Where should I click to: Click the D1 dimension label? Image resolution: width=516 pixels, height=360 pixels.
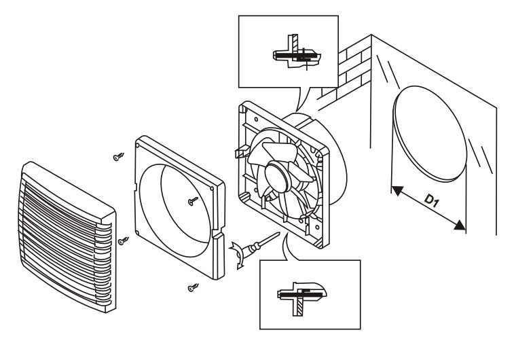pos(431,200)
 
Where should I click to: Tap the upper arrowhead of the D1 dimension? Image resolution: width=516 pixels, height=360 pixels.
pos(398,191)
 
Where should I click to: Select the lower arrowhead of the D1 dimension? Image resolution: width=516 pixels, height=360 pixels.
pos(460,226)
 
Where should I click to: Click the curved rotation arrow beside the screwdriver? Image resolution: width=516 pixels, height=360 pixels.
pos(238,255)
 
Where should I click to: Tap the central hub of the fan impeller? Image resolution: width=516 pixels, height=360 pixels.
pos(277,176)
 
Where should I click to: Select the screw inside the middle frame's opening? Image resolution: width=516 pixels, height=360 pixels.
pos(193,201)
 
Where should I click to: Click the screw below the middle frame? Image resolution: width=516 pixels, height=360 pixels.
pos(193,287)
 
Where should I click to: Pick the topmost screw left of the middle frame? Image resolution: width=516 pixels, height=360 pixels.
pos(118,157)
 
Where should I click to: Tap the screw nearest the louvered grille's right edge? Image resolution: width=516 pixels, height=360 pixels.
pos(124,240)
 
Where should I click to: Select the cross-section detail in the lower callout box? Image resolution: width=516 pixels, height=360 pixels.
pos(301,296)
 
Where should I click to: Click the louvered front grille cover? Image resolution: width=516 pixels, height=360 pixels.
pos(67,236)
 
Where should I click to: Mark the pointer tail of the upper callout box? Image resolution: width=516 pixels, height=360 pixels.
pos(303,98)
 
